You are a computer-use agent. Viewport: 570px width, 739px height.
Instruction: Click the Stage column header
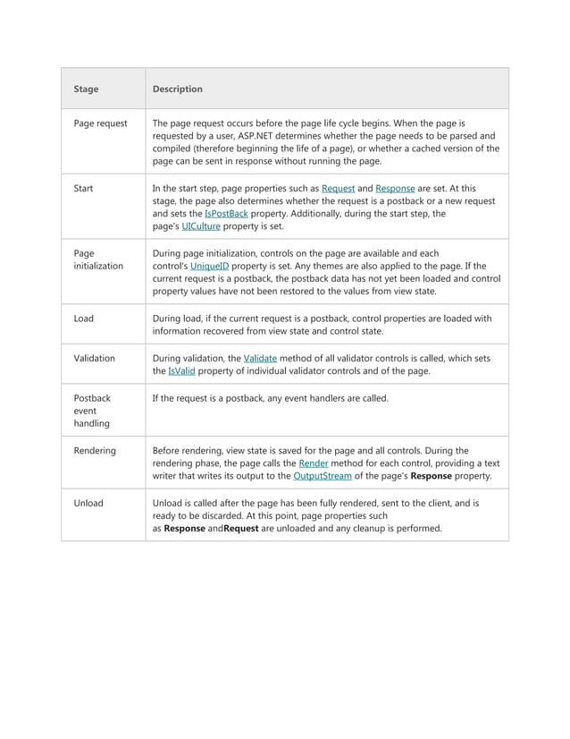[86, 89]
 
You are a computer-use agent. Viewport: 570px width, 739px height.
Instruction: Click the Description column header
[177, 89]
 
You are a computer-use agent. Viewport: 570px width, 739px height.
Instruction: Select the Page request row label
[100, 123]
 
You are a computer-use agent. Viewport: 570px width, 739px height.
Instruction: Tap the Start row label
[83, 189]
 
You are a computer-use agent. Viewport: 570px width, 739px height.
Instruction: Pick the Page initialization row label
[97, 259]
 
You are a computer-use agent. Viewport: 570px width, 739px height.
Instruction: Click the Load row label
[83, 318]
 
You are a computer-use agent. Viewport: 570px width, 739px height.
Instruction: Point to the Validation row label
[94, 358]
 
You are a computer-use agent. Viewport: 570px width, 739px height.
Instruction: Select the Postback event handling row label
[92, 411]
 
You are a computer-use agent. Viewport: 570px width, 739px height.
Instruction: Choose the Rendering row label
[95, 451]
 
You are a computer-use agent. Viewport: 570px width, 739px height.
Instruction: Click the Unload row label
[88, 503]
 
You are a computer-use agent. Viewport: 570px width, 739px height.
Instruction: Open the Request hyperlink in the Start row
[338, 189]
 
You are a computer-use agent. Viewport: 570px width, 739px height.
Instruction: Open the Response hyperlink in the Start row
[395, 189]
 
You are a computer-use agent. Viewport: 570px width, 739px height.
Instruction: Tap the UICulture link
[201, 227]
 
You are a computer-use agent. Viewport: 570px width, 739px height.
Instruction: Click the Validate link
[260, 358]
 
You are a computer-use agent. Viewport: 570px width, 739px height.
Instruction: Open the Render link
[313, 463]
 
